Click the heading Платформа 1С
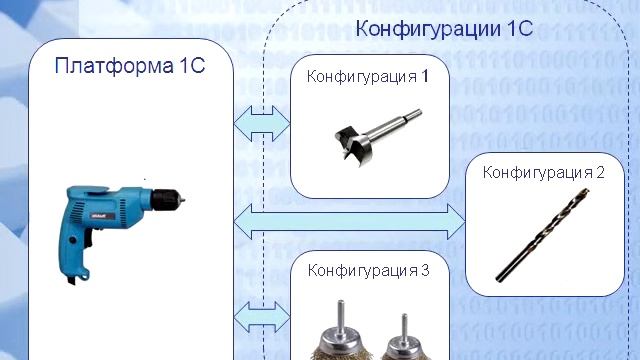(x=131, y=67)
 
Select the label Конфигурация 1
(x=368, y=76)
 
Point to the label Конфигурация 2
(x=544, y=172)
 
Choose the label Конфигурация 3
(x=369, y=270)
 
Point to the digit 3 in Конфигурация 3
(x=425, y=270)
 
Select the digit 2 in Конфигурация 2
(x=601, y=172)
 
